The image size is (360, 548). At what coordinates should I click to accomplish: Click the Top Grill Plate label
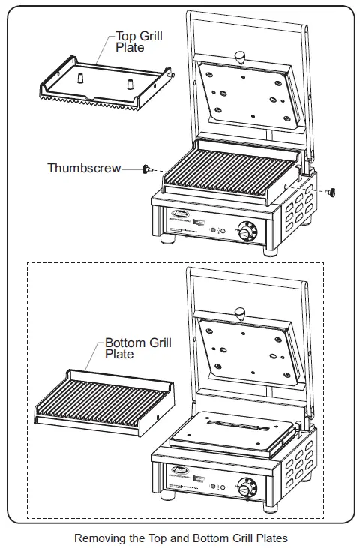138,40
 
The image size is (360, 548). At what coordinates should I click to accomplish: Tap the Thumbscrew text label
83,168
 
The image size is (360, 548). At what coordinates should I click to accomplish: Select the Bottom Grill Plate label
137,348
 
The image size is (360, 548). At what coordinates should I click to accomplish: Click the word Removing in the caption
99,538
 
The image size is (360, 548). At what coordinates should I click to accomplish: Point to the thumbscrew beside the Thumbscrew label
147,169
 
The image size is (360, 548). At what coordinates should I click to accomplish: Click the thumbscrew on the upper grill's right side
329,193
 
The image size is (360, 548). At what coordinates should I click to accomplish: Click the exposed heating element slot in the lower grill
235,427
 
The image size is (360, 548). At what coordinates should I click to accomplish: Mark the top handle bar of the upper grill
247,16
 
